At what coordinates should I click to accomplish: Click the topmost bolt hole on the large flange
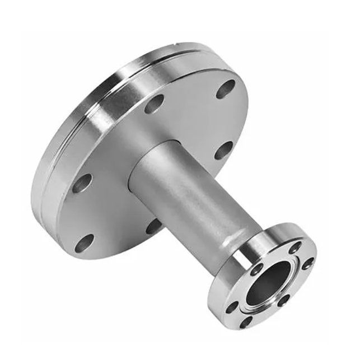click(226, 88)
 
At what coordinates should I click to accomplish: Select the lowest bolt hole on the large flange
click(85, 242)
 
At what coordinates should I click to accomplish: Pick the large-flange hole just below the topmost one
click(223, 150)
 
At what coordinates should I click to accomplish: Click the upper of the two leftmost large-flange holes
click(82, 183)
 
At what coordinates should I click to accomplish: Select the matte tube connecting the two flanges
click(185, 190)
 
